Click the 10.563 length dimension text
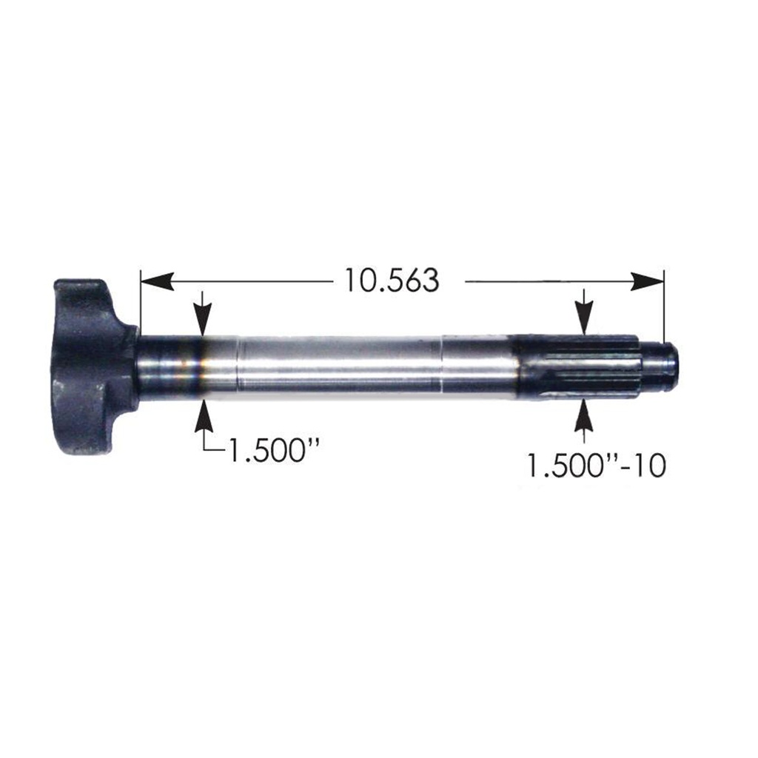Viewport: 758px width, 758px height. pyautogui.click(x=391, y=281)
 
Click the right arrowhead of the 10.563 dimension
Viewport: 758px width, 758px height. pyautogui.click(x=647, y=281)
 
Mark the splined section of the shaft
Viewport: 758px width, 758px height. pyautogui.click(x=577, y=366)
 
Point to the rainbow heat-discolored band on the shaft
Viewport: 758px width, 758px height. pyautogui.click(x=197, y=367)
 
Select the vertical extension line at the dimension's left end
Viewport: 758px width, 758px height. pyautogui.click(x=141, y=303)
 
